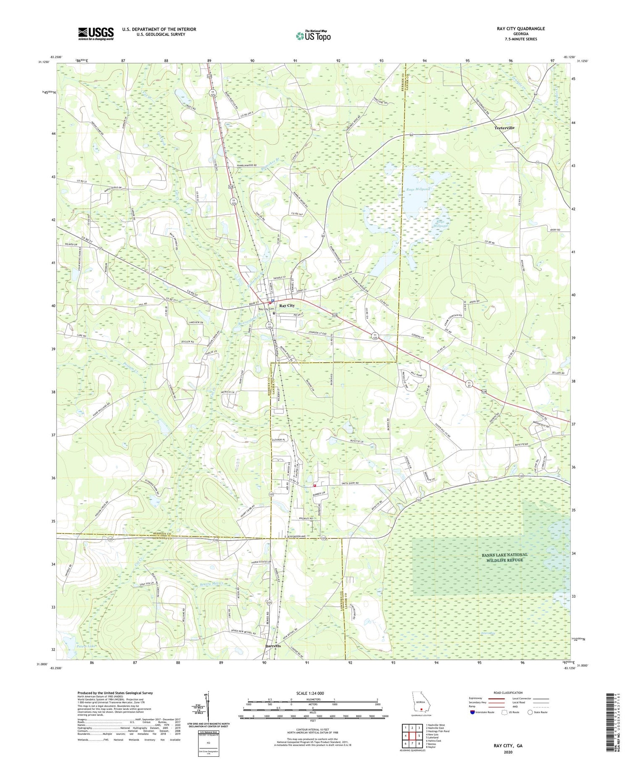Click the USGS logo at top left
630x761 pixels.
(x=96, y=34)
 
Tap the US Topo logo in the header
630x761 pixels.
(x=313, y=36)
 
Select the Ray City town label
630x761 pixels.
(x=287, y=306)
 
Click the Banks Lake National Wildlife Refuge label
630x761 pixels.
(x=504, y=557)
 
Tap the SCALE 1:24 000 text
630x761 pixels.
(x=312, y=693)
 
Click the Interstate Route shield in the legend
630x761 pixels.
(x=473, y=712)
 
